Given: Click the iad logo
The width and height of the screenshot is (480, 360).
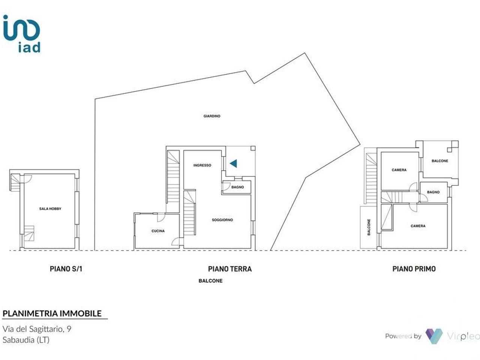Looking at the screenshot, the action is [22, 34].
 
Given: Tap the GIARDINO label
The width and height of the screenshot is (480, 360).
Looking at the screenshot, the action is [211, 116].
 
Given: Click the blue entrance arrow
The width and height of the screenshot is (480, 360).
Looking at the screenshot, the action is [233, 163].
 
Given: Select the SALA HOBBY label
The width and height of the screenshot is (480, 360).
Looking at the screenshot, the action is [50, 209].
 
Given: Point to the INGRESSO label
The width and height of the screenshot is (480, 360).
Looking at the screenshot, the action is [202, 165].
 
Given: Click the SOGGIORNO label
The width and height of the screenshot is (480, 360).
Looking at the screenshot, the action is [222, 220].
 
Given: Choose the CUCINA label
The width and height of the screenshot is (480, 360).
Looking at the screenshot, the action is [158, 231].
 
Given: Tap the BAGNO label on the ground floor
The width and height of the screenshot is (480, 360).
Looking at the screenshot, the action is [237, 187].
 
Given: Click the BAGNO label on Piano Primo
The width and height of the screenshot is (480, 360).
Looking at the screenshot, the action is [433, 192].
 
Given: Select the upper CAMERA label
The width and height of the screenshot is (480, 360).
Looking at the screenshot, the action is [399, 170].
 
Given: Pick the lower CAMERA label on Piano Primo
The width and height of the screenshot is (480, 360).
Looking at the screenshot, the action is [418, 226].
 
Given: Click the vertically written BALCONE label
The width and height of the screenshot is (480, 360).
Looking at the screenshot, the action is [369, 227].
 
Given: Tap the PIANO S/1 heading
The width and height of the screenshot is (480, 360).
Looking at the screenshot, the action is [66, 269].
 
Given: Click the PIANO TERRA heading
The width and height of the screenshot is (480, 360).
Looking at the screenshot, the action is [230, 269].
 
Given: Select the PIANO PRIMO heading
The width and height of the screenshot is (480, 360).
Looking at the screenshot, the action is [414, 269].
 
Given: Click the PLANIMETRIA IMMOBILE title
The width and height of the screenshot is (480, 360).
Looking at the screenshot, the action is [52, 313].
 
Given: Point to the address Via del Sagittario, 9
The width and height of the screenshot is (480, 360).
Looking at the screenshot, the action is [37, 329].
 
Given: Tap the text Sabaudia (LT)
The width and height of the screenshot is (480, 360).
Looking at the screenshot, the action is [26, 340].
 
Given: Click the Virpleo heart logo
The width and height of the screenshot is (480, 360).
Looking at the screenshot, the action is [434, 336].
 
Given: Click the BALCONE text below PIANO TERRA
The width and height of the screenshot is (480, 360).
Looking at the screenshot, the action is [210, 281].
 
